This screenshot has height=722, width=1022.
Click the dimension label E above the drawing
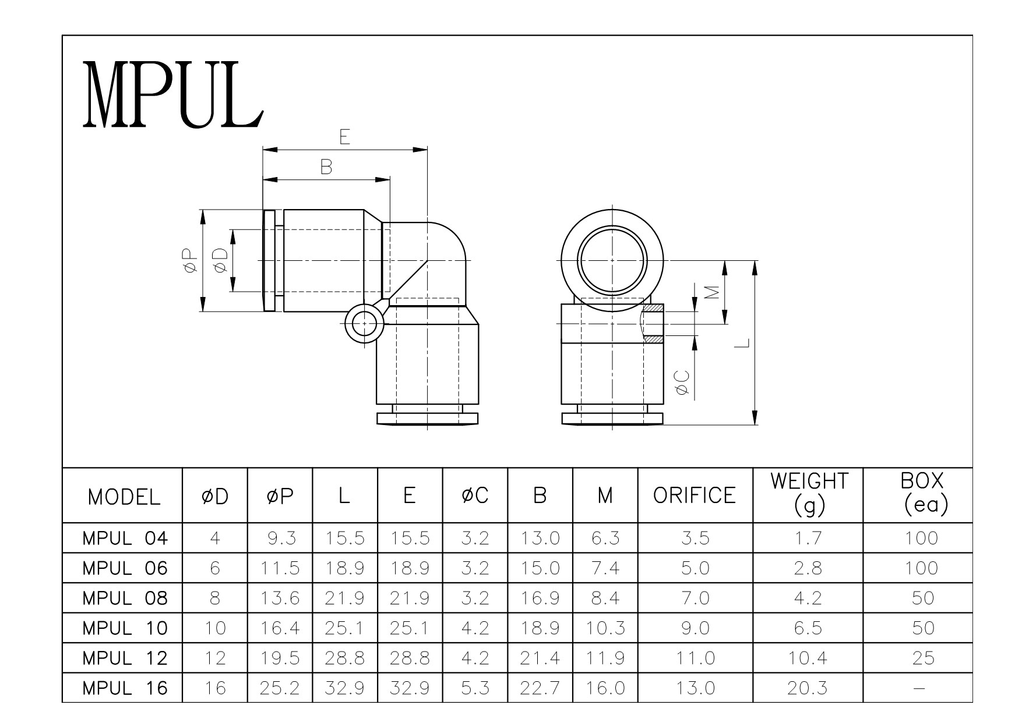[x=345, y=137]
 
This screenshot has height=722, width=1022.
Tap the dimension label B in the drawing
[x=326, y=168]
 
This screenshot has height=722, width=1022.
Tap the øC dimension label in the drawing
[x=683, y=383]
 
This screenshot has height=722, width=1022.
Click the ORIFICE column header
[x=695, y=496]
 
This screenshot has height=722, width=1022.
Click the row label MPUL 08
[x=125, y=598]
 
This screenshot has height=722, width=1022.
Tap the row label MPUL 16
[x=125, y=688]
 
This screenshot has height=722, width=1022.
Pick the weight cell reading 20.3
[x=807, y=688]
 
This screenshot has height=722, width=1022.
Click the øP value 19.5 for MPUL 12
[x=280, y=658]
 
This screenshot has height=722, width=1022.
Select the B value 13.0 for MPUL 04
[x=540, y=538]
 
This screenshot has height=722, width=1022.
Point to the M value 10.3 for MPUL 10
[x=605, y=628]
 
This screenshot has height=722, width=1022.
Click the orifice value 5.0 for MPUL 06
[x=695, y=568]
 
